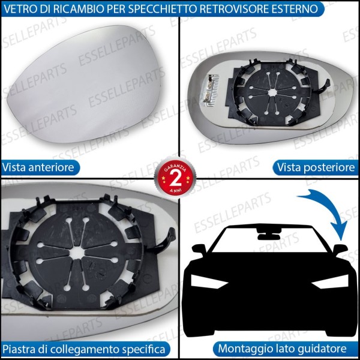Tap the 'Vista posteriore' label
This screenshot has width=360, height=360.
[314, 167]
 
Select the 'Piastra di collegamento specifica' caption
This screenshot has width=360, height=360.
[84, 348]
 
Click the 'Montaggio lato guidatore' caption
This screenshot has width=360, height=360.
[281, 348]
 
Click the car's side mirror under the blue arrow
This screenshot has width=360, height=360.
[341, 248]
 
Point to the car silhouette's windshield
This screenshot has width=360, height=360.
[270, 246]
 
